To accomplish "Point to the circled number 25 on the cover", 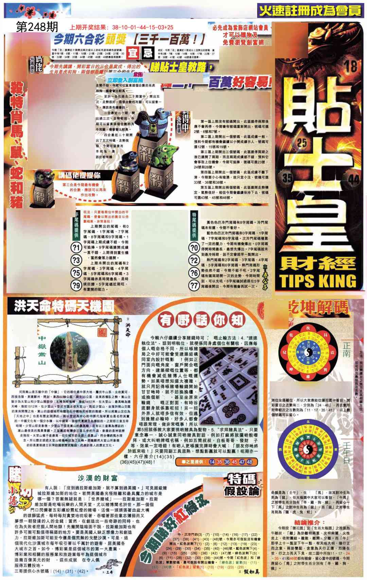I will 301,143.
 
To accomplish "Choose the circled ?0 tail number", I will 194,248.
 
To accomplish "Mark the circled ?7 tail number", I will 194,285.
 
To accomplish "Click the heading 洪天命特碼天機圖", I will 64,307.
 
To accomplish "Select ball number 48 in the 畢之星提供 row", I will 250,462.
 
